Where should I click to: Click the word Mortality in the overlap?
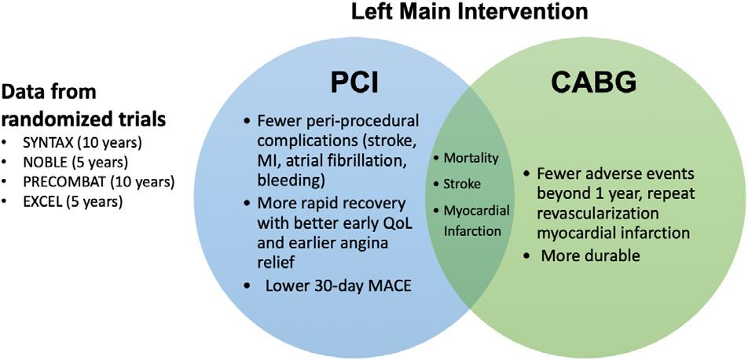point(471,158)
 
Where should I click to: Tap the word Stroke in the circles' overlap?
point(462,184)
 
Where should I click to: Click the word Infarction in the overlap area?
point(471,231)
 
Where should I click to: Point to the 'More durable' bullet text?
point(580,255)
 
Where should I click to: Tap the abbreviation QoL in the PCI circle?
point(398,230)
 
